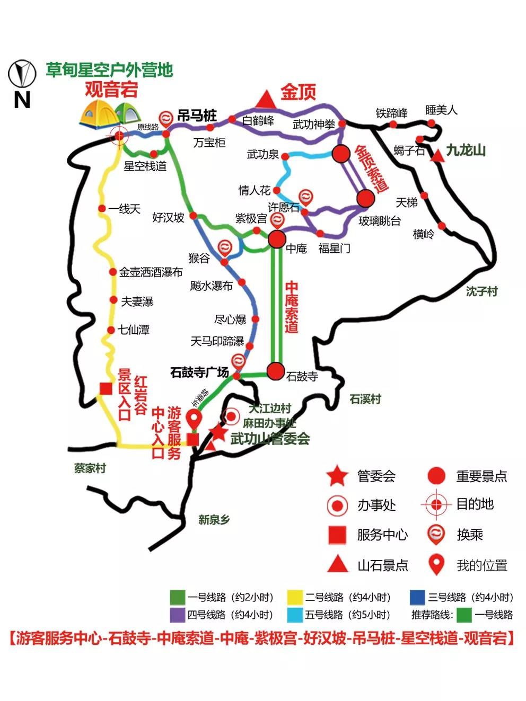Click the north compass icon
[22, 73]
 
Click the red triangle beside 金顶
[264, 99]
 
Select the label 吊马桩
[197, 116]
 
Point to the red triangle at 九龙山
[437, 156]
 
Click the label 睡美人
[441, 110]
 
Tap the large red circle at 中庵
[277, 239]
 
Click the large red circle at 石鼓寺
[276, 371]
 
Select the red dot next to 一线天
[102, 209]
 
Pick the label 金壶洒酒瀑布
[151, 272]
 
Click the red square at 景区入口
[106, 388]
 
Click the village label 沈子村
[481, 291]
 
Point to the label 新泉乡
[214, 520]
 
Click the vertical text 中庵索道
[291, 307]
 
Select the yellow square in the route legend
[294, 597]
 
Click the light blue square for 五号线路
[294, 615]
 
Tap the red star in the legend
[337, 476]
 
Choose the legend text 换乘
[470, 535]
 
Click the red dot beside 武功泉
[285, 156]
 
